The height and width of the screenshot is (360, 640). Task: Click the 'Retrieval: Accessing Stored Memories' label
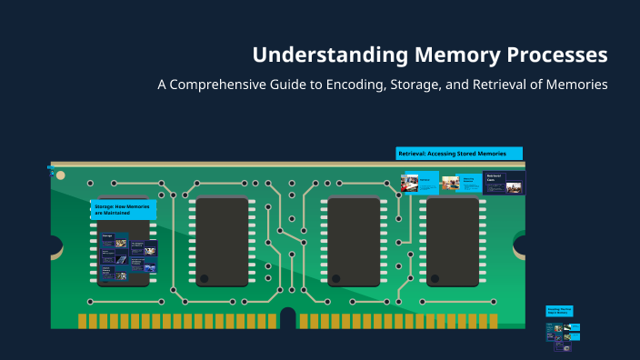[x=459, y=154]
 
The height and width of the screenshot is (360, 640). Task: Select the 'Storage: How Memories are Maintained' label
[x=123, y=210]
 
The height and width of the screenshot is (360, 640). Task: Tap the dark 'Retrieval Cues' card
[x=504, y=183]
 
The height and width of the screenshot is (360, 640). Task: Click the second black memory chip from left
[x=222, y=242]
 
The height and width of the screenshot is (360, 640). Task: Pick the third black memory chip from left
[x=354, y=242]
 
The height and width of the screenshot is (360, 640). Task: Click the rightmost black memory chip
[x=453, y=242]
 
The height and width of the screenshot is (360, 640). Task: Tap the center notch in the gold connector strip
[x=287, y=319]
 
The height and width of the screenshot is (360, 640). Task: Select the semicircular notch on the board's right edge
[x=521, y=245]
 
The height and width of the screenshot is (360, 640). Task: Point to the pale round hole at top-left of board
[x=61, y=175]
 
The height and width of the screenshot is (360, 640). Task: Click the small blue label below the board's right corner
[x=559, y=310]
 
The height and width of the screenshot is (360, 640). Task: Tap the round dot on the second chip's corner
[x=205, y=278]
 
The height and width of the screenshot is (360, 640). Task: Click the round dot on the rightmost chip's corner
[x=435, y=278]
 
